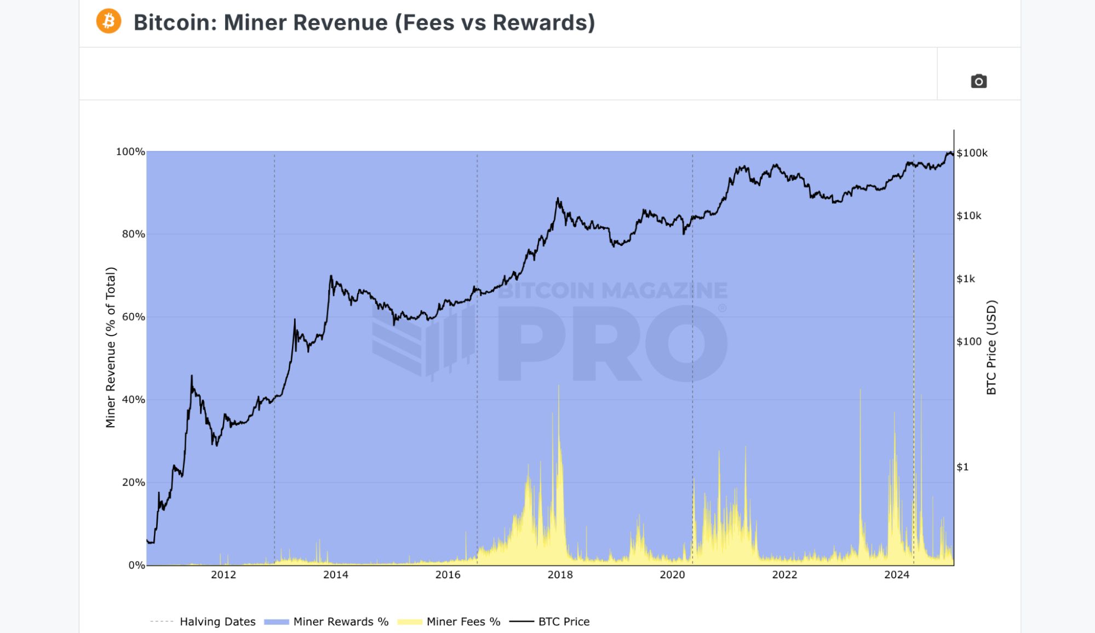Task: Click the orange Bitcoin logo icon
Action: click(x=108, y=21)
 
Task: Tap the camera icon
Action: click(x=978, y=82)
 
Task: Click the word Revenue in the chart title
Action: click(x=341, y=22)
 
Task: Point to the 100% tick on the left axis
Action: click(x=130, y=152)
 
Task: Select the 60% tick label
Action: click(x=133, y=317)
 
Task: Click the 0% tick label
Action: click(x=136, y=565)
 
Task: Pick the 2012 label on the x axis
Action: click(x=223, y=574)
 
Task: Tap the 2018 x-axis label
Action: click(x=560, y=574)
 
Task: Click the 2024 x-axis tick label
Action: click(x=897, y=574)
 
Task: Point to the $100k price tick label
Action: click(x=972, y=153)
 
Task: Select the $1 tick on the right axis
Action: click(x=962, y=467)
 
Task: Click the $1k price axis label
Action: click(x=966, y=279)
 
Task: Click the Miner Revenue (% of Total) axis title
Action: click(x=111, y=347)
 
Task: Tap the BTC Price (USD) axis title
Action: click(x=991, y=347)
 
